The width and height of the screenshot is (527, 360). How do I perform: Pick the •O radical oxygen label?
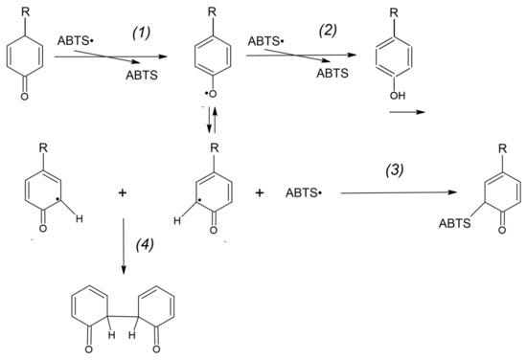pyautogui.click(x=205, y=119)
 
